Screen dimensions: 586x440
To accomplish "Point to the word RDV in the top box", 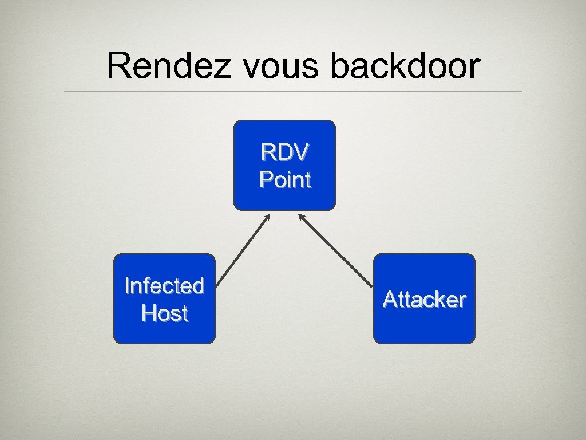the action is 285,152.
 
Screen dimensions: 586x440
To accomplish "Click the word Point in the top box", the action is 285,180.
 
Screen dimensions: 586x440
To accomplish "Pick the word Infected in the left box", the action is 164,285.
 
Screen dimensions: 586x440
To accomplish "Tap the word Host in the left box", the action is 164,313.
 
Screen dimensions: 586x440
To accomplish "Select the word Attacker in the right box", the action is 424,299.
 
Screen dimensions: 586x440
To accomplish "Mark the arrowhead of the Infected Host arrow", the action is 267,217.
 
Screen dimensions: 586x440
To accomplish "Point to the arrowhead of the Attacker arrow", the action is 300,217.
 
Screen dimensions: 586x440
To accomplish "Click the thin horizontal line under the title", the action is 293,91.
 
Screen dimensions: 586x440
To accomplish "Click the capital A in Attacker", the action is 390,299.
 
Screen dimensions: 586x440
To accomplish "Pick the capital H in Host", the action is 149,313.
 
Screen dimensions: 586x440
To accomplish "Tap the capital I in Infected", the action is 127,285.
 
